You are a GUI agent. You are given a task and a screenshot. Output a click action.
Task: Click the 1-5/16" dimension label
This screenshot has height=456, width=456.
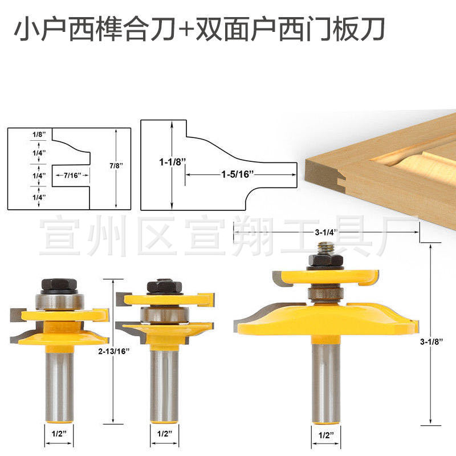coord(237,174)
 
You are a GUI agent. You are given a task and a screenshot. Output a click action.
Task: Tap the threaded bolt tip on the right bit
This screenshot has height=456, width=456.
coord(325,247)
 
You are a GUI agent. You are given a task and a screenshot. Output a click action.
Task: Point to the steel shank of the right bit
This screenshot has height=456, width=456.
coord(325,376)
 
